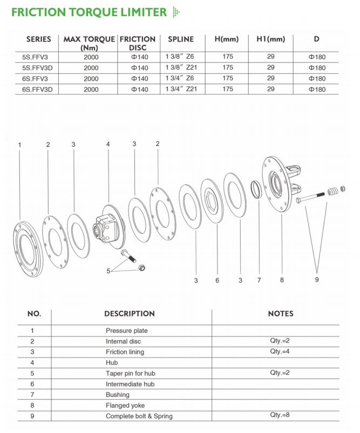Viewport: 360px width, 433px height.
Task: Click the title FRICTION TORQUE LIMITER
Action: click(x=89, y=12)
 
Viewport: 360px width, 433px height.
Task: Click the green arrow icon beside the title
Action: click(x=174, y=12)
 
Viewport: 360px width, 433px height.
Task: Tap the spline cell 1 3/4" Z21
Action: click(x=178, y=88)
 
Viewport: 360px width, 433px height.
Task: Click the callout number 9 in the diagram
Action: click(x=317, y=279)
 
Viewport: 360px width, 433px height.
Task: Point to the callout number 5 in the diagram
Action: click(x=108, y=271)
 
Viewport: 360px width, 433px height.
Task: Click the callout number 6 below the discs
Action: click(x=217, y=280)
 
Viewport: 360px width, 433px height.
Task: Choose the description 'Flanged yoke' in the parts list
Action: click(x=125, y=405)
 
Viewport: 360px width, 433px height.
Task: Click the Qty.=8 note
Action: click(x=280, y=416)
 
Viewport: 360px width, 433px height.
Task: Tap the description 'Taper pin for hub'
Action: click(x=130, y=373)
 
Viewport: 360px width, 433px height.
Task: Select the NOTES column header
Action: click(x=280, y=313)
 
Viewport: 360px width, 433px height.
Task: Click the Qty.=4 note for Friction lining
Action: click(x=280, y=352)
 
